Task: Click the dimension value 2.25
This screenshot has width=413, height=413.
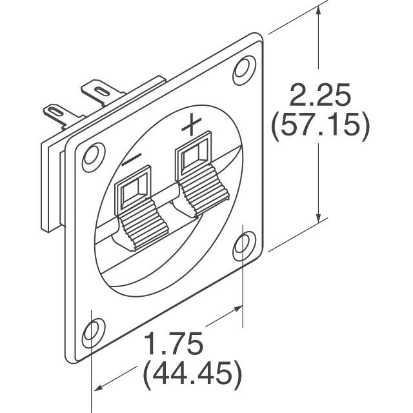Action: (320, 97)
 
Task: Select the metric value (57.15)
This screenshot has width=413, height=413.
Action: (320, 126)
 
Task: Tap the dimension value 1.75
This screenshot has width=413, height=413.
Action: (172, 345)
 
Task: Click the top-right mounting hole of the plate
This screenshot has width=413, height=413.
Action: (244, 67)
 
